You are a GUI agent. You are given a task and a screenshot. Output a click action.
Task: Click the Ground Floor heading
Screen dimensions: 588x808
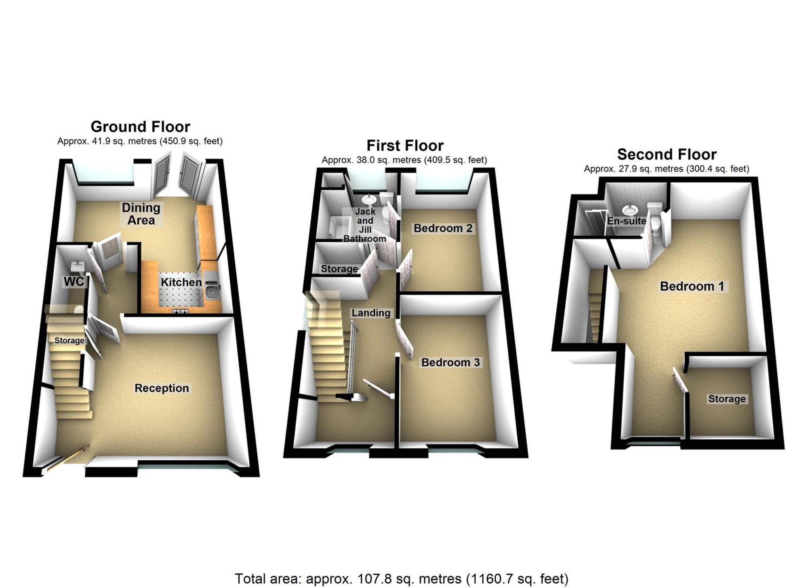click(x=140, y=127)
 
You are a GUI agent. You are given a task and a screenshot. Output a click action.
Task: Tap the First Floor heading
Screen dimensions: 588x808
click(x=405, y=145)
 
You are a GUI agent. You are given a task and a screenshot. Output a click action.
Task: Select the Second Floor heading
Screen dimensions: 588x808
click(x=667, y=154)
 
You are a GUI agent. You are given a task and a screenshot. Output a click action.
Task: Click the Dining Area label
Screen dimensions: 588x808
click(x=141, y=214)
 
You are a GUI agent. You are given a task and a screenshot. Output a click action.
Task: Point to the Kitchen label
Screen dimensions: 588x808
click(x=181, y=282)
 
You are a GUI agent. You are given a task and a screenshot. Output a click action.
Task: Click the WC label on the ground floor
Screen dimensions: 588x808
click(x=74, y=282)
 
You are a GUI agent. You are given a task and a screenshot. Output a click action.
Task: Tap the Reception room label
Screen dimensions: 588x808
click(x=162, y=388)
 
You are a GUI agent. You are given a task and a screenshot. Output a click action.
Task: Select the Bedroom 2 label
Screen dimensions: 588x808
click(x=443, y=228)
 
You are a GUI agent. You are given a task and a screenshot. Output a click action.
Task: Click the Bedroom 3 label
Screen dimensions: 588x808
click(x=450, y=362)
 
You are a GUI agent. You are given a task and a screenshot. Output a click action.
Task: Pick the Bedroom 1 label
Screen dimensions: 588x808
click(x=692, y=286)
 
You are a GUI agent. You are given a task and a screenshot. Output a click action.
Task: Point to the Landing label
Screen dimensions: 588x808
click(x=370, y=313)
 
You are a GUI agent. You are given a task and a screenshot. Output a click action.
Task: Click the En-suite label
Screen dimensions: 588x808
click(x=627, y=221)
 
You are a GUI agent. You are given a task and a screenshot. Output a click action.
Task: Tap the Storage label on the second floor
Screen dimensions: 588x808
click(x=727, y=399)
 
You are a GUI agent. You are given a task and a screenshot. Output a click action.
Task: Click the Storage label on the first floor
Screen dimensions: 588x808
click(x=339, y=269)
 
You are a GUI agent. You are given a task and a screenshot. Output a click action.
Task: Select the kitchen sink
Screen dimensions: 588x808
click(x=213, y=290)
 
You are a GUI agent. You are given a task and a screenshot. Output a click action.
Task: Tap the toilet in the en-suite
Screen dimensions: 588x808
click(x=654, y=226)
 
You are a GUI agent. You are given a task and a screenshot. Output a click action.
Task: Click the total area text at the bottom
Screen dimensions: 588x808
click(x=401, y=579)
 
